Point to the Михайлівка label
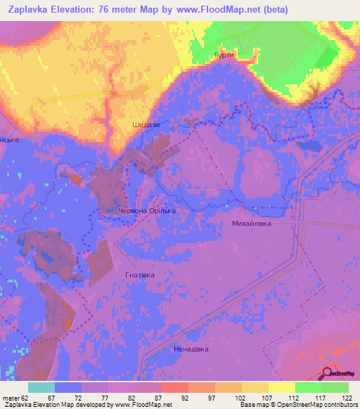coord(251,223)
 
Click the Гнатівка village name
coord(139,275)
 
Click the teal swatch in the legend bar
coord(41,387)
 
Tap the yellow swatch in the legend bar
coord(282,387)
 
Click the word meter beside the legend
coord(11,398)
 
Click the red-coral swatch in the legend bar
coord(175,387)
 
